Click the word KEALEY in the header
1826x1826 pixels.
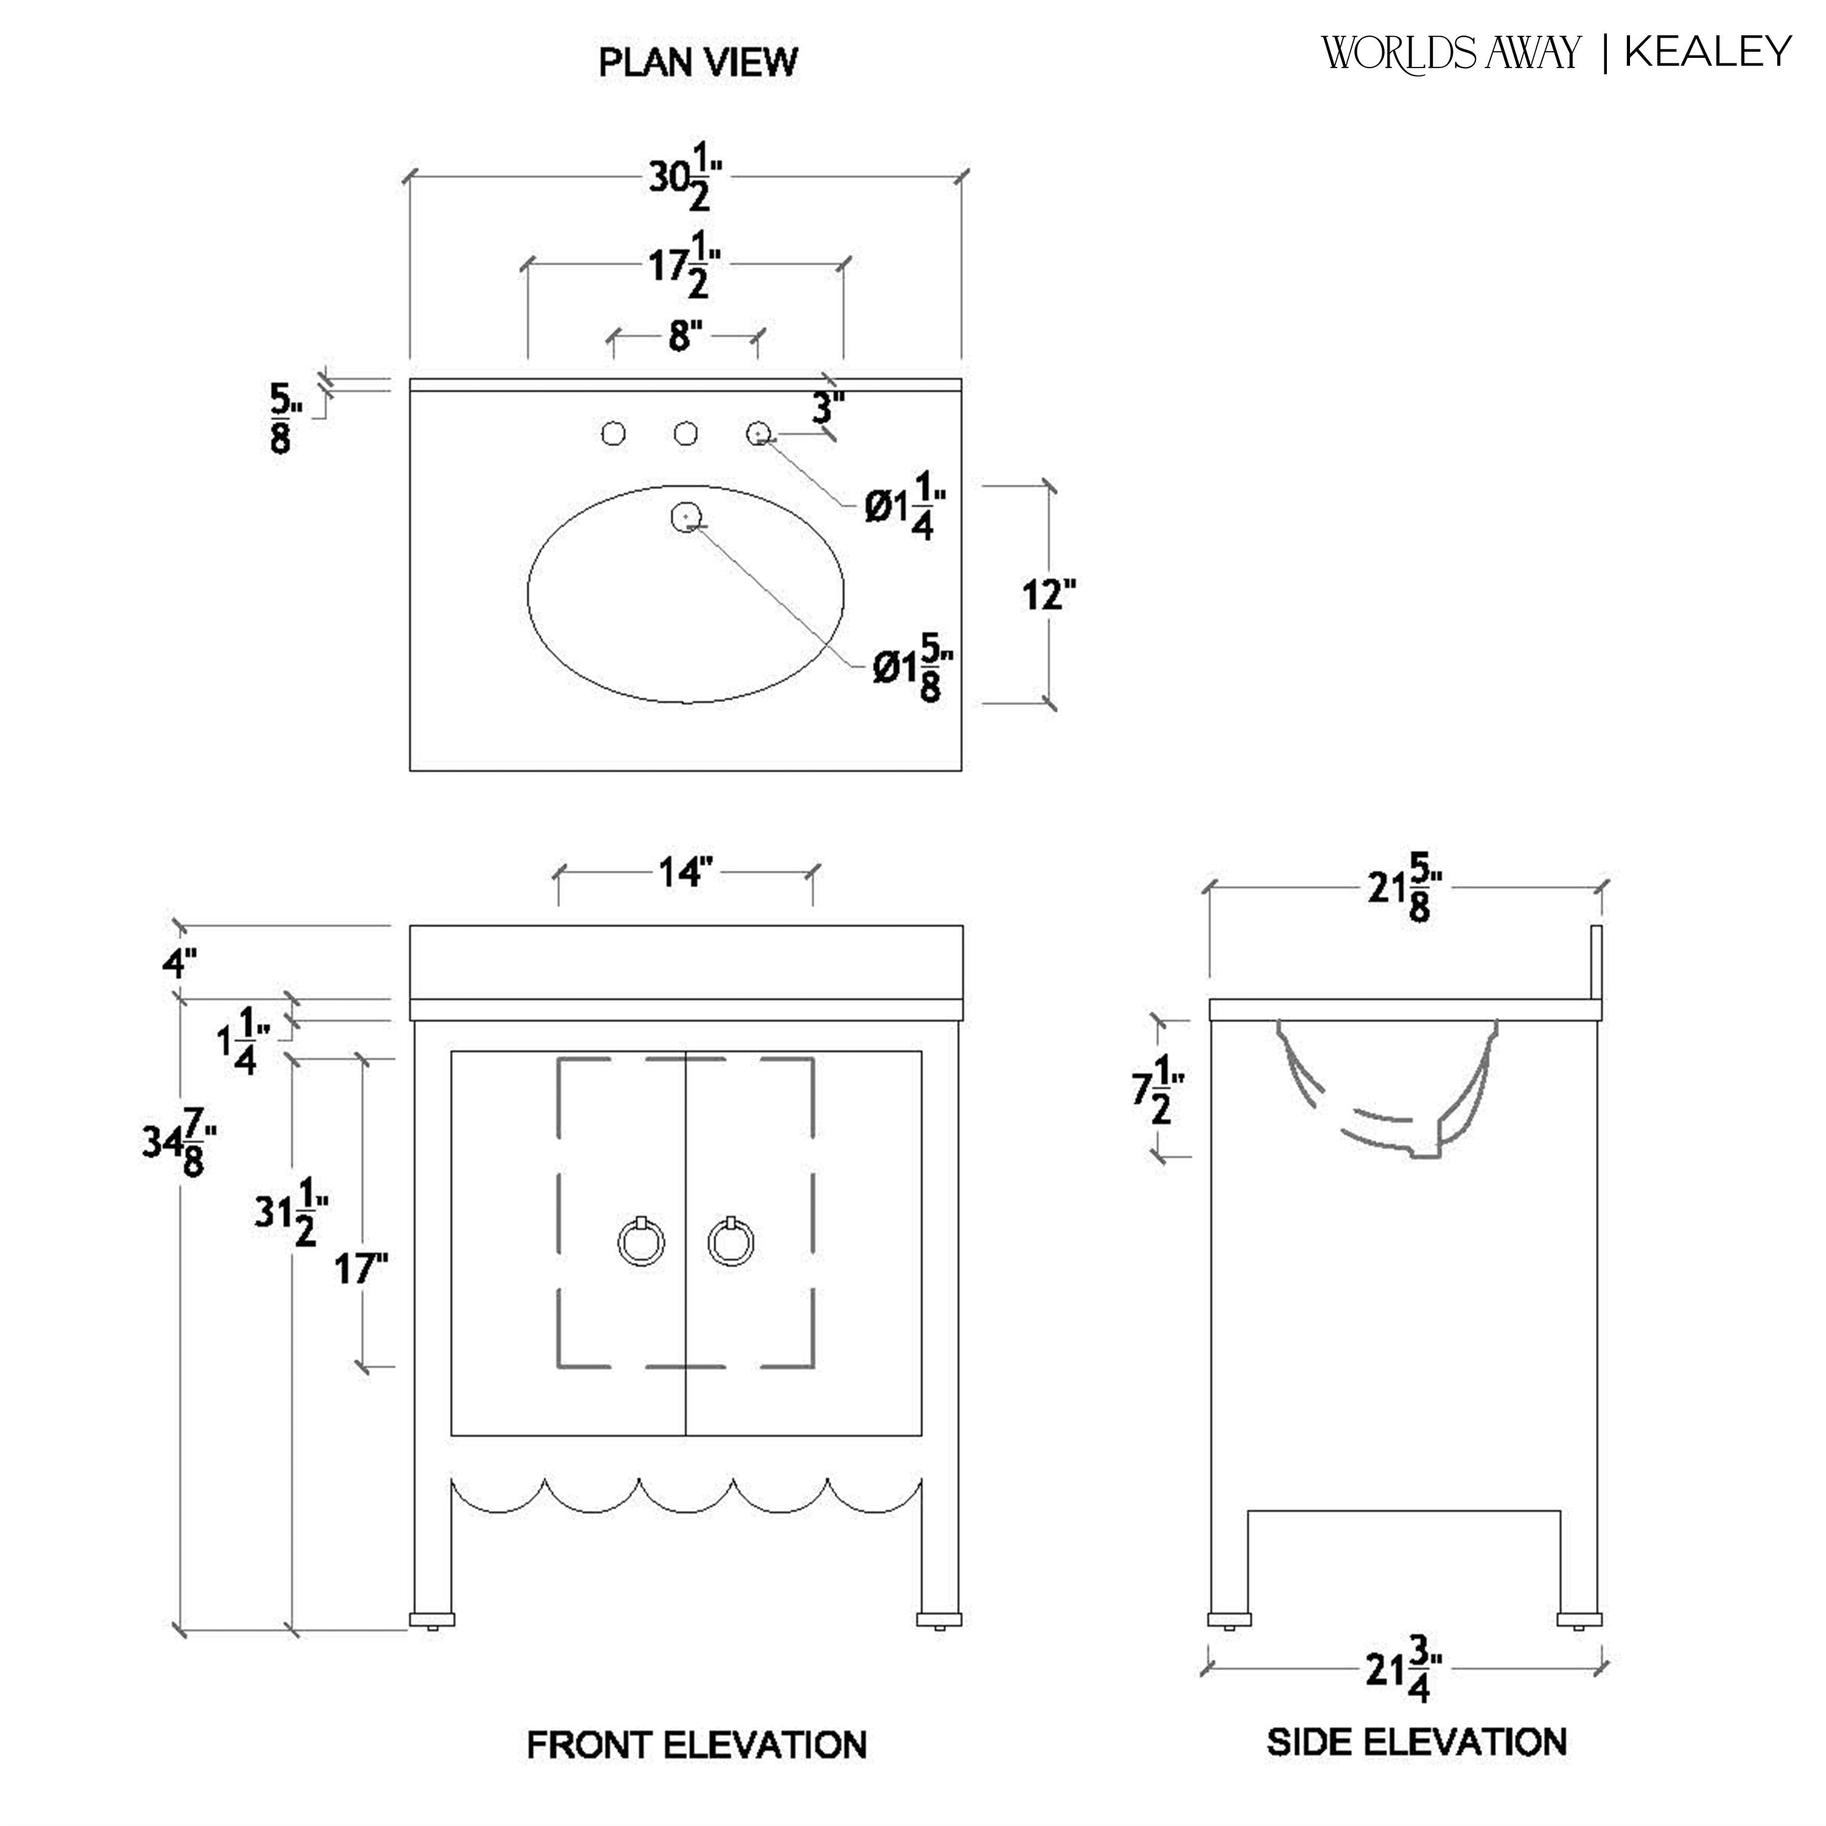pos(1709,52)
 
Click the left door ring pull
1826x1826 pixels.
pos(642,1242)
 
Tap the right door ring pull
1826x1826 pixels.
pos(730,1242)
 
